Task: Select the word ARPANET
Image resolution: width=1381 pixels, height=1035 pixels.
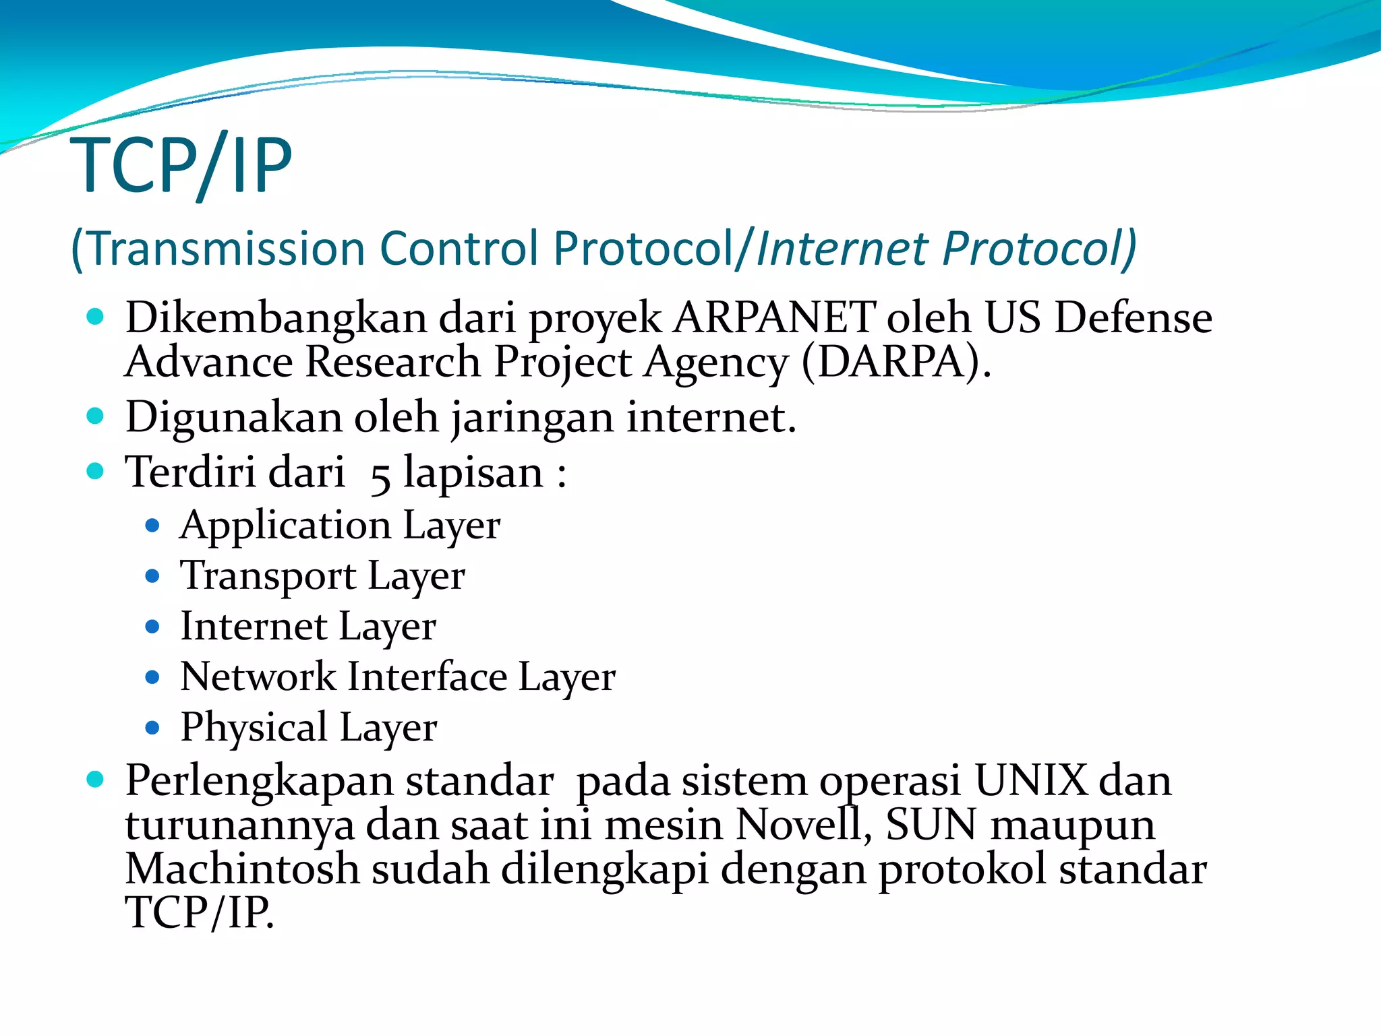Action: pyautogui.click(x=775, y=317)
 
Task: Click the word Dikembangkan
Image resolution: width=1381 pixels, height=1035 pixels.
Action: pyautogui.click(x=276, y=317)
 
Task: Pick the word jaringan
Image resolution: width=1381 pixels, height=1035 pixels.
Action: pyautogui.click(x=532, y=418)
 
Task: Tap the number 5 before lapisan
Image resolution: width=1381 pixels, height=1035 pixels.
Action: pyautogui.click(x=380, y=476)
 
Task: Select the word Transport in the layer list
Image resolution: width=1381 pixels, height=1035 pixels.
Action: pyautogui.click(x=268, y=576)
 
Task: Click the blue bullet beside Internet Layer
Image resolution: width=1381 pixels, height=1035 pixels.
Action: pyautogui.click(x=152, y=627)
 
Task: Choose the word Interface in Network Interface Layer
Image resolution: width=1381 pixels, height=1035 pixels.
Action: pyautogui.click(x=428, y=677)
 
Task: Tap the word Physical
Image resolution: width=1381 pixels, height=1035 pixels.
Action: pyautogui.click(x=254, y=728)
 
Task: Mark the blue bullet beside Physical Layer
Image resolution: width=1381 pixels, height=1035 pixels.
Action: pyautogui.click(x=152, y=728)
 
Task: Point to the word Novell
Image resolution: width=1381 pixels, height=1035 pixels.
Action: pyautogui.click(x=800, y=825)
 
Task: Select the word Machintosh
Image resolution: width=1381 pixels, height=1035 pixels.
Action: pyautogui.click(x=242, y=869)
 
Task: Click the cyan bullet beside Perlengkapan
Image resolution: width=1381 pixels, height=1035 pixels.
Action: pyautogui.click(x=95, y=780)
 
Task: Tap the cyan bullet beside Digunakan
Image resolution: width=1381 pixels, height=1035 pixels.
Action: pyautogui.click(x=95, y=416)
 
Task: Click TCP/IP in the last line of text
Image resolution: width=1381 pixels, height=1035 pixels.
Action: pyautogui.click(x=200, y=913)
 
